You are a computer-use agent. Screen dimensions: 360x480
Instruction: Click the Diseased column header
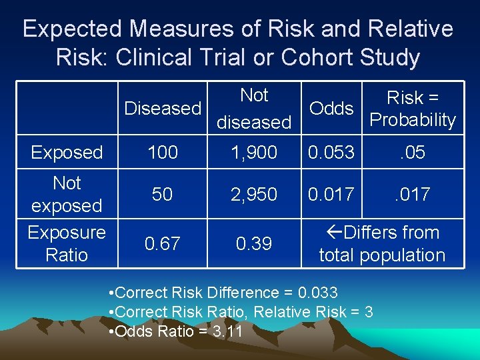(163, 108)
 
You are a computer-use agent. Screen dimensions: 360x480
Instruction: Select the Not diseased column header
(254, 109)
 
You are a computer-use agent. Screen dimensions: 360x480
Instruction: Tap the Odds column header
(331, 109)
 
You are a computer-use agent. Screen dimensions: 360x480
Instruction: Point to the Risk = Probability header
(413, 109)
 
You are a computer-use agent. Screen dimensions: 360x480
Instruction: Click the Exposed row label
(67, 153)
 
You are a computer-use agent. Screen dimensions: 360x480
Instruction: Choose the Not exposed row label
(67, 194)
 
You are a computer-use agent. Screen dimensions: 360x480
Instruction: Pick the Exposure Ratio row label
(67, 243)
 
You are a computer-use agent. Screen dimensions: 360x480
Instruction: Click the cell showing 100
(163, 153)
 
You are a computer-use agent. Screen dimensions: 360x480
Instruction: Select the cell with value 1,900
(254, 153)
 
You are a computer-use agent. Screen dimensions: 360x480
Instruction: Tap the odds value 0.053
(331, 153)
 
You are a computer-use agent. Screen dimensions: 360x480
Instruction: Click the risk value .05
(413, 153)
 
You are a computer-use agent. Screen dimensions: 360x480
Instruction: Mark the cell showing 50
(163, 194)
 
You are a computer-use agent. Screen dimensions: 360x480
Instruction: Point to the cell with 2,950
(254, 194)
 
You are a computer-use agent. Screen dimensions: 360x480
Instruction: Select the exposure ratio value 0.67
(163, 244)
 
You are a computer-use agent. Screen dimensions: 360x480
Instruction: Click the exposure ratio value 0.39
(254, 244)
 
